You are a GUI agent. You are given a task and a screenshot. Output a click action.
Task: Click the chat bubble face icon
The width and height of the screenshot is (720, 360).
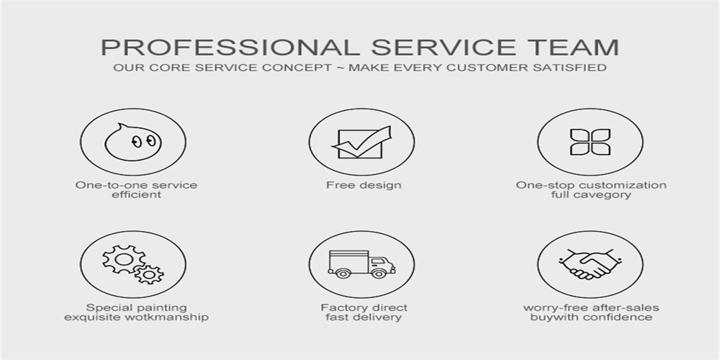click(x=133, y=143)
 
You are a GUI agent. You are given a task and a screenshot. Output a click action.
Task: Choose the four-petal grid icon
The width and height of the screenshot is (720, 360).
click(x=590, y=142)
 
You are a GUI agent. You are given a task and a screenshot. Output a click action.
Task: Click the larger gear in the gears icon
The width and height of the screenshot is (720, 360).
click(x=124, y=259)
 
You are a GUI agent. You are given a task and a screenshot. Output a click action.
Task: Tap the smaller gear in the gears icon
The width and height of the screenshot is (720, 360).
click(x=149, y=274)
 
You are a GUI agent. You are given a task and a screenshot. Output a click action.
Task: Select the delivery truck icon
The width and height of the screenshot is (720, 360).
click(x=362, y=264)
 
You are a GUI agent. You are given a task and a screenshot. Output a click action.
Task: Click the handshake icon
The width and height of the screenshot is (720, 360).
click(x=590, y=264)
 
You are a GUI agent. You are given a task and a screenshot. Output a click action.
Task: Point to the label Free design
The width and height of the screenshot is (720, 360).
click(x=364, y=185)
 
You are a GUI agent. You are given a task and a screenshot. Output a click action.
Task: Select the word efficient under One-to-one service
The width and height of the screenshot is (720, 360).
click(x=136, y=194)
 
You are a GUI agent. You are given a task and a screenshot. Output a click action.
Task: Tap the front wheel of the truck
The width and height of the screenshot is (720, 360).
click(x=378, y=273)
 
